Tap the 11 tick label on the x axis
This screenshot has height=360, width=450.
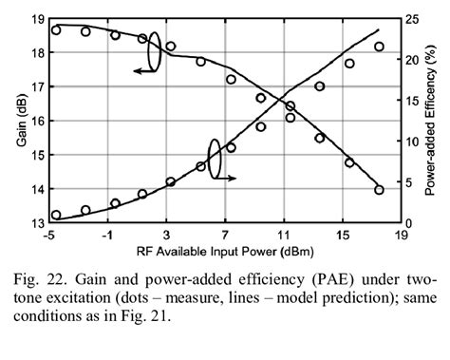(283, 235)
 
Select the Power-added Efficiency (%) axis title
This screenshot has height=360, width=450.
(430, 121)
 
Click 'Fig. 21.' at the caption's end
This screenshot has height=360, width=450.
(141, 317)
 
